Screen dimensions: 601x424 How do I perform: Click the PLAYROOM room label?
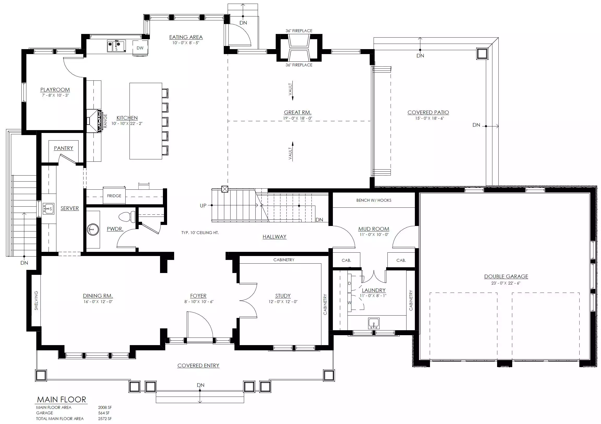55,90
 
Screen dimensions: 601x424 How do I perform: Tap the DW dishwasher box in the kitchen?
140,48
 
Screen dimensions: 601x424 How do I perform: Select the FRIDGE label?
114,196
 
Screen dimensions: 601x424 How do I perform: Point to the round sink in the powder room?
93,230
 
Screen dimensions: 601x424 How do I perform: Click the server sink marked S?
48,209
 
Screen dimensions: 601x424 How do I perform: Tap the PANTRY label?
63,148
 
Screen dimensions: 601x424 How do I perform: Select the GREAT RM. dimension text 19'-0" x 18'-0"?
297,118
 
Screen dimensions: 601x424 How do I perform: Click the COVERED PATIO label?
428,112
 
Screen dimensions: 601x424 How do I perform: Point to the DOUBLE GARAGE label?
506,276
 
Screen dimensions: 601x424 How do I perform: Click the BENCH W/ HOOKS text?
374,200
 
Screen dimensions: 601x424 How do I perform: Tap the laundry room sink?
374,323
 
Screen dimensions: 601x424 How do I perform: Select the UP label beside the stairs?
203,206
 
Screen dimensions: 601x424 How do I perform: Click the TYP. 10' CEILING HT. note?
200,233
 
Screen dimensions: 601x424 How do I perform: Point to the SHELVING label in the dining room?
36,300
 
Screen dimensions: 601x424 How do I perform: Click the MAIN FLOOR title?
62,399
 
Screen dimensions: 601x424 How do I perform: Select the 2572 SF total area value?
105,419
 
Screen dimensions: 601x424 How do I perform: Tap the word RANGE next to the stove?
105,121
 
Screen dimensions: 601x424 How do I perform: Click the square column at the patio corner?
482,54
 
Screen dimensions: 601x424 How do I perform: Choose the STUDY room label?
283,296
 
